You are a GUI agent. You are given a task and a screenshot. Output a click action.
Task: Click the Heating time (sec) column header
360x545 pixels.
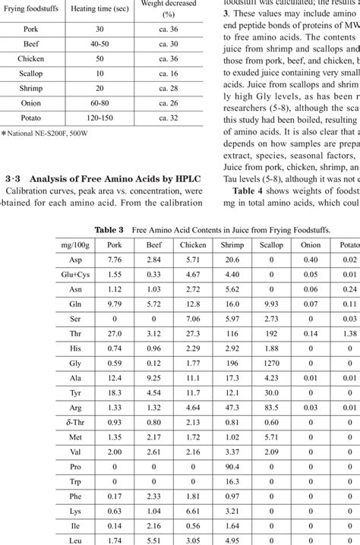tap(99, 7)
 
